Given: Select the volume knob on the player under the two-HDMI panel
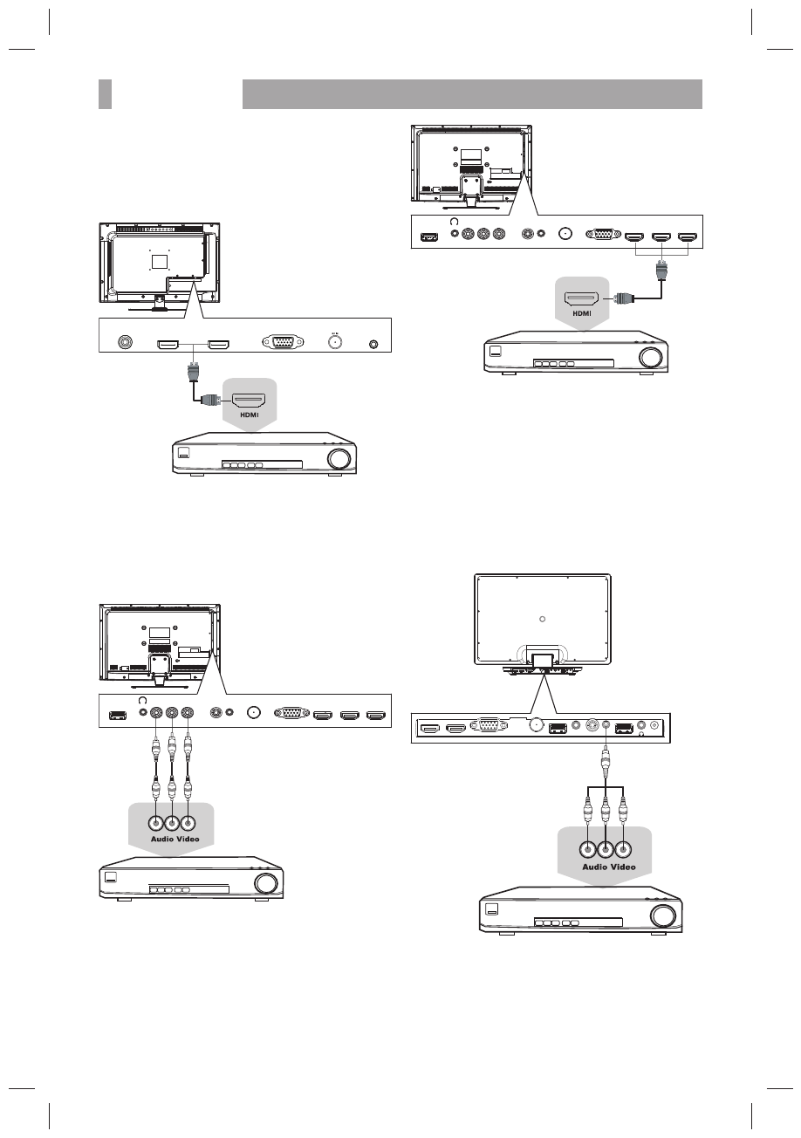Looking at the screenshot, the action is tap(340, 458).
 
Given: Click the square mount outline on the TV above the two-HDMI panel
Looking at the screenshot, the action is tap(159, 260).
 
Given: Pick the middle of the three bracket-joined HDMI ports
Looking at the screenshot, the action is tap(662, 236).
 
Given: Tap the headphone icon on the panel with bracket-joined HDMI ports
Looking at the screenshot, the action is tap(454, 223).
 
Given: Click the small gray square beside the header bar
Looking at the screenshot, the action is tap(105, 94).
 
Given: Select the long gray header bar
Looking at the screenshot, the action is tap(471, 94).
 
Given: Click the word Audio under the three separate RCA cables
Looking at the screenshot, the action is tap(156, 839).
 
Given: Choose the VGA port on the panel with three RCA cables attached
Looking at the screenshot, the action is tap(291, 716).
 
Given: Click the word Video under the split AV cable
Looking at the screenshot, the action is tap(622, 867).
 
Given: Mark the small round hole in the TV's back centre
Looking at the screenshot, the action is tap(542, 618).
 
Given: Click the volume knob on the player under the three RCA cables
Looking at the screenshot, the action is tap(266, 883).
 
